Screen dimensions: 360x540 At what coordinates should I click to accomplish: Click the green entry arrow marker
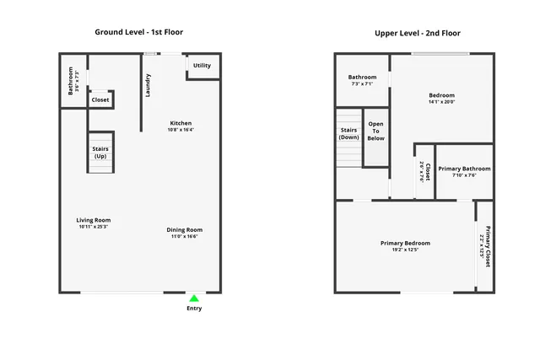pos(194,298)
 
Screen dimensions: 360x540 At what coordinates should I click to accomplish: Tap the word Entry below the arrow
pos(194,309)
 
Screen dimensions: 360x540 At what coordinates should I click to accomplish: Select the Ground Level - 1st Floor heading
pos(139,32)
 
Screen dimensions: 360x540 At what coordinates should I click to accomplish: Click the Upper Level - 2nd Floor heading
pos(418,33)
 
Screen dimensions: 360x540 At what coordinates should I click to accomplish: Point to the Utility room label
pos(202,66)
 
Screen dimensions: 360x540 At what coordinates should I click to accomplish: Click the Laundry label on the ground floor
pos(148,85)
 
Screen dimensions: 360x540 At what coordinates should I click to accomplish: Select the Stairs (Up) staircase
pos(100,153)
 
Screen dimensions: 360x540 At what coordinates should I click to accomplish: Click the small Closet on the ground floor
pos(100,99)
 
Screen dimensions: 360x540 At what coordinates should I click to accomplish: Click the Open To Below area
pos(375,131)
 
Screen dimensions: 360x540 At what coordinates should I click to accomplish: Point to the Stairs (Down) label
pos(348,133)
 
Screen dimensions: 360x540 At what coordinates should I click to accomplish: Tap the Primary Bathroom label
pos(464,169)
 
